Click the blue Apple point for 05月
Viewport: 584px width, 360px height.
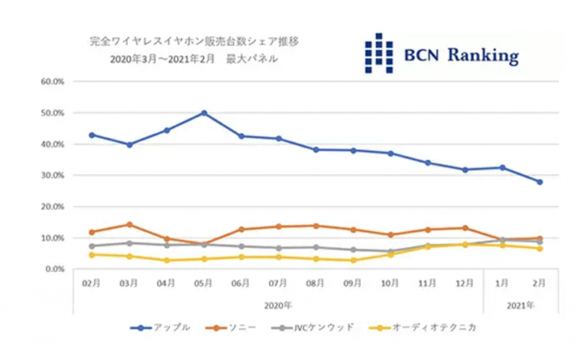204,113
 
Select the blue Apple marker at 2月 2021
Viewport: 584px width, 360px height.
540,182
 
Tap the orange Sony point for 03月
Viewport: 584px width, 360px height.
129,224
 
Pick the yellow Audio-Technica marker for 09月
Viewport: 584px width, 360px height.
353,260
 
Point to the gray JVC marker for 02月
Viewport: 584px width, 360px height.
92,246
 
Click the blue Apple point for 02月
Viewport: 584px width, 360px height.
92,135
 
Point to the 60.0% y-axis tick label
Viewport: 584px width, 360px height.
52,82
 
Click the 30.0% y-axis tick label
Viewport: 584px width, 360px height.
52,176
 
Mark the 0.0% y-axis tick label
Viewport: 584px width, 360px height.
54,269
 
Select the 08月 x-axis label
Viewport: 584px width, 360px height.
316,283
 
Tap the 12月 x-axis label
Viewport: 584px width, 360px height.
465,283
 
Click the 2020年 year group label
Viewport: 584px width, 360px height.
278,305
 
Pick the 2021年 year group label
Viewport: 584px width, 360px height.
521,305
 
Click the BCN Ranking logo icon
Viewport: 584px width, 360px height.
379,53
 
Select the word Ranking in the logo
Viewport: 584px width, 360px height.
483,55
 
